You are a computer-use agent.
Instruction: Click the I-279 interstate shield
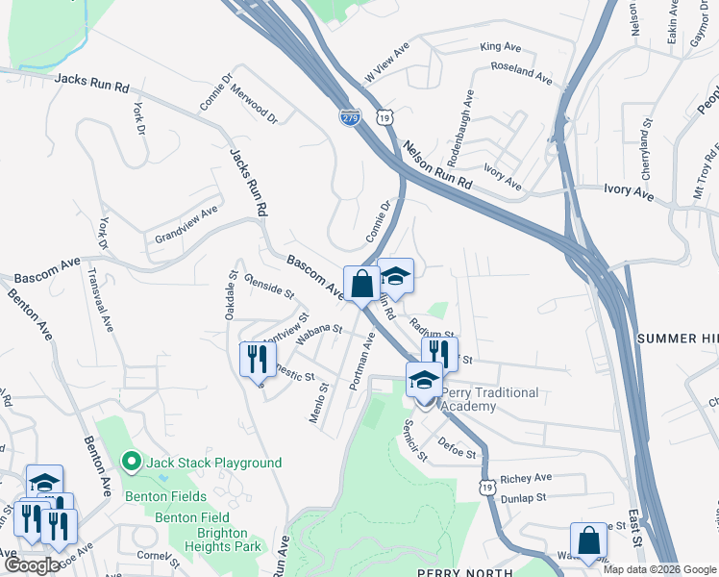pyautogui.click(x=349, y=115)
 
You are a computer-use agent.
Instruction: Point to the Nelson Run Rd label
pyautogui.click(x=439, y=165)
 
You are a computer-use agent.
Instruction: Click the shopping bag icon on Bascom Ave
pyautogui.click(x=361, y=285)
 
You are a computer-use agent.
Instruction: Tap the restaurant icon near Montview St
pyautogui.click(x=257, y=360)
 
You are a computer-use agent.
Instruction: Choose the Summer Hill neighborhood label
pyautogui.click(x=677, y=339)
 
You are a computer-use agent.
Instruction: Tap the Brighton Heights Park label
pyautogui.click(x=216, y=539)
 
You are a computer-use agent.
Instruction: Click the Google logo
pyautogui.click(x=32, y=565)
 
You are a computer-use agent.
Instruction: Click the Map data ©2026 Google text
pyautogui.click(x=658, y=569)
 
